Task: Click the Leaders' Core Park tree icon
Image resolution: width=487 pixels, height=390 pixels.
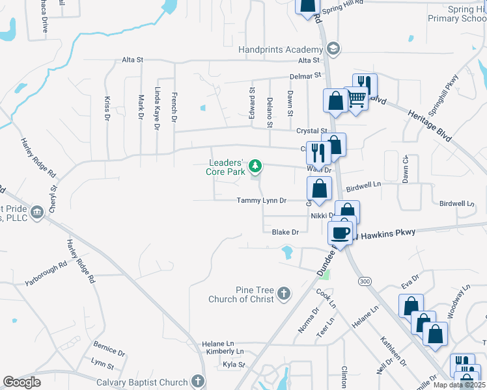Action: coord(255,166)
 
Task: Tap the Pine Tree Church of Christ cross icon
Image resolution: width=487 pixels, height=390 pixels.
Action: coord(283,294)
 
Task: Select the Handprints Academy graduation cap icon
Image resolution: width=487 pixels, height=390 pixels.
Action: coord(333,49)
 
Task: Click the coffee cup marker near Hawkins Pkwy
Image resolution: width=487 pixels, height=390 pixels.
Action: coord(341,233)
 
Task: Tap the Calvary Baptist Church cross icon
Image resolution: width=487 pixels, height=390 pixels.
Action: coord(199,382)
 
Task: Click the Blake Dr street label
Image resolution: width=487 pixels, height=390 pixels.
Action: coord(285,232)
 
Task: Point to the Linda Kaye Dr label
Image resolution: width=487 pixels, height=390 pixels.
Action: coord(157,109)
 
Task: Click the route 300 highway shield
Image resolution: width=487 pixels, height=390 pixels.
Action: coord(364,280)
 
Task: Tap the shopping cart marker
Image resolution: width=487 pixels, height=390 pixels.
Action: coord(356,99)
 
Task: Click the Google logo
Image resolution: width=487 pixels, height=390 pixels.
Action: coord(22,382)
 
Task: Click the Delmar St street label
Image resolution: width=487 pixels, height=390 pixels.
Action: coord(306,76)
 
